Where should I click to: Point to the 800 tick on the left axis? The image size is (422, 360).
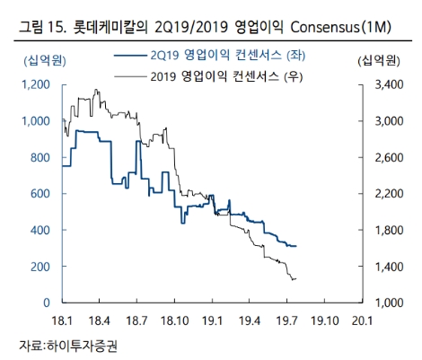pos(42,157)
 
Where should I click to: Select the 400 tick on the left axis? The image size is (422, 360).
pos(42,231)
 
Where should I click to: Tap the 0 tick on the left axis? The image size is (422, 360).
pos(50,303)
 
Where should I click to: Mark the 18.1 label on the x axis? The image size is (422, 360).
pos(62,320)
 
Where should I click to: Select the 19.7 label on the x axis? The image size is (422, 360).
pos(287,320)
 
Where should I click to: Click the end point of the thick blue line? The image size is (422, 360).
pos(296,246)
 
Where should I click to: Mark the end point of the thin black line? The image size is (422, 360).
pos(296,279)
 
